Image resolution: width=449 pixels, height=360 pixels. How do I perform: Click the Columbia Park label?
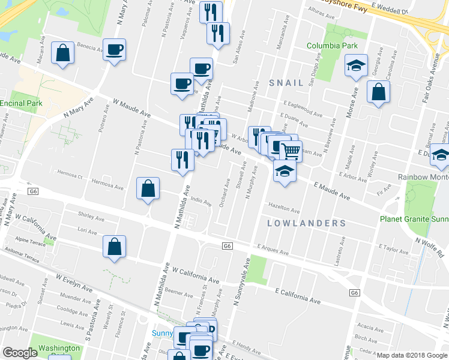332,46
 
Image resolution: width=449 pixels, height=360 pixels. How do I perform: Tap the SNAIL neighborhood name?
286,83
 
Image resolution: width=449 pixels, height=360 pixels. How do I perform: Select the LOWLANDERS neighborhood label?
306,223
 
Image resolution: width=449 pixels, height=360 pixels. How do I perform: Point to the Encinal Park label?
21,103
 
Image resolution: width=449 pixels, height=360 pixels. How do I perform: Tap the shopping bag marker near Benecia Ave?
62,53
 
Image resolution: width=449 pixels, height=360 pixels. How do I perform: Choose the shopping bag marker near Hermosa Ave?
148,189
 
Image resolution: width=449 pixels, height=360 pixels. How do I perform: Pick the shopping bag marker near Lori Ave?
114,247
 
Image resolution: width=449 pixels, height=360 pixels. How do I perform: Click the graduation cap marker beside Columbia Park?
356,65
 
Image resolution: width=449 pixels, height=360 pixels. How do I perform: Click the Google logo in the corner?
20,353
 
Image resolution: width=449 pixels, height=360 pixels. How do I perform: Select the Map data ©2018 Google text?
412,355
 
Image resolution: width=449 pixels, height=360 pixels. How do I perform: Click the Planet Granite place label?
414,219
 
